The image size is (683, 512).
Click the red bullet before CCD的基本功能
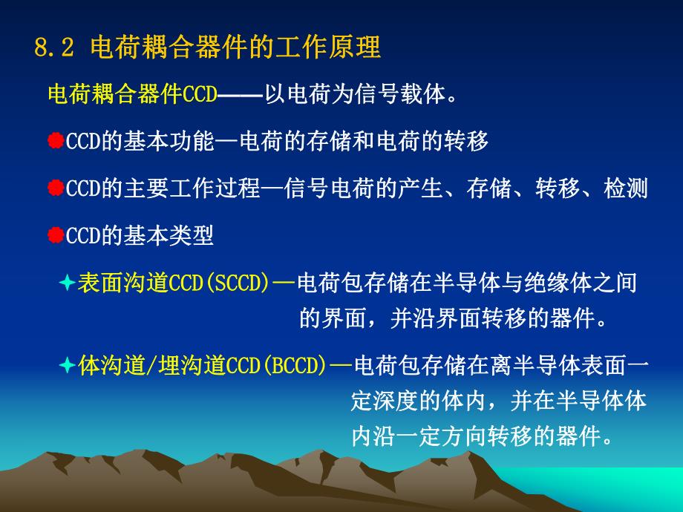click(x=56, y=142)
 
